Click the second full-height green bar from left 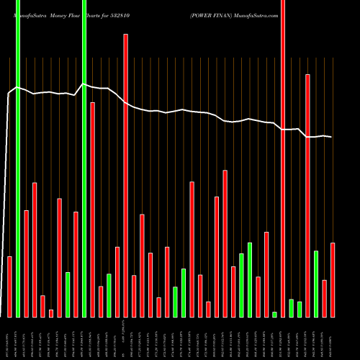[x=84, y=158]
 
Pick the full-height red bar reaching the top [x=283, y=158]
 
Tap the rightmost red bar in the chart [x=333, y=280]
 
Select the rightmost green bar [x=316, y=284]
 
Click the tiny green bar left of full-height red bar [x=275, y=314]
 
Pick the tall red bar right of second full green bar [x=93, y=210]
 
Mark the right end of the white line [x=331, y=137]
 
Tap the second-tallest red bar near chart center [x=126, y=176]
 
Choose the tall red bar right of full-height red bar [x=307, y=195]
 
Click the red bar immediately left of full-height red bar [x=266, y=274]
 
